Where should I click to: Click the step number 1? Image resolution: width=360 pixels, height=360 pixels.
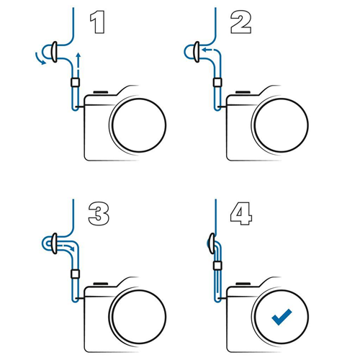(98, 22)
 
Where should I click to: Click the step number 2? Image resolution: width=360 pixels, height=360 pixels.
(240, 22)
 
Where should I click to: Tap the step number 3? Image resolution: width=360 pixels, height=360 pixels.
(99, 214)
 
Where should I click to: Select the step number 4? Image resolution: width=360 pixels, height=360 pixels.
(241, 214)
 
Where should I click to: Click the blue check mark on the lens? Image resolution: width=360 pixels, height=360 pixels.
(282, 317)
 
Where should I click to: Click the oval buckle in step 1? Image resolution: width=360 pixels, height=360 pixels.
(55, 52)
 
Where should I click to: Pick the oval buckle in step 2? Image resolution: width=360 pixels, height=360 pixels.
(197, 52)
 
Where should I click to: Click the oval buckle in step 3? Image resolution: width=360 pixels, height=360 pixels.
(55, 243)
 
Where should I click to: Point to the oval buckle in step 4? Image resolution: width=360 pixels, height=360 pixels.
(212, 243)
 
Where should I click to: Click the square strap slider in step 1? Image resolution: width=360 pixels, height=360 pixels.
(76, 82)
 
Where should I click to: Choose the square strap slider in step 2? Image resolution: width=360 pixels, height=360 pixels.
(217, 82)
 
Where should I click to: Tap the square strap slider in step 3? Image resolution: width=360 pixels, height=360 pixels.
(76, 274)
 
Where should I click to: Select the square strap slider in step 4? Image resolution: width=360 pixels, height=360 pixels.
(217, 265)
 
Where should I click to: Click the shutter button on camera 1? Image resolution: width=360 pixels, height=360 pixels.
(101, 92)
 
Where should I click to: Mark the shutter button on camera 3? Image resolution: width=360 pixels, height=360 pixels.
(101, 284)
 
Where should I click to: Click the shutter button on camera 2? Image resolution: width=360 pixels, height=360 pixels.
(243, 92)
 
